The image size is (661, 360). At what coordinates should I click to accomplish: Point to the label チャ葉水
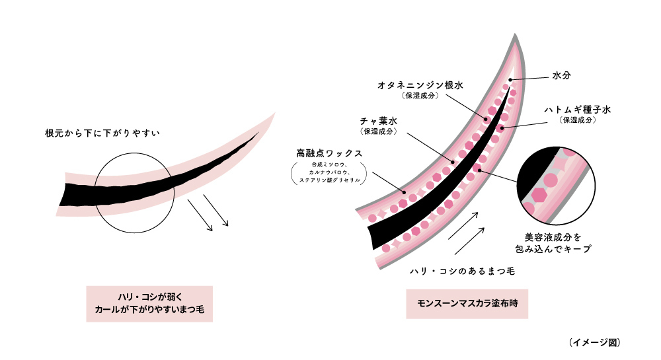coord(379,121)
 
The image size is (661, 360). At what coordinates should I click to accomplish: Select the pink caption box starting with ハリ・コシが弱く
coord(149,303)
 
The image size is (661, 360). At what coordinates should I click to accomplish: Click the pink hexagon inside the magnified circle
coord(540,194)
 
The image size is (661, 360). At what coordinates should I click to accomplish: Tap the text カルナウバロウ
coord(325,172)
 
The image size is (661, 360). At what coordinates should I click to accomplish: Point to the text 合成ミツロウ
coord(325,164)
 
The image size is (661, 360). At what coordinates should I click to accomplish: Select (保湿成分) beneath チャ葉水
coord(379,131)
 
